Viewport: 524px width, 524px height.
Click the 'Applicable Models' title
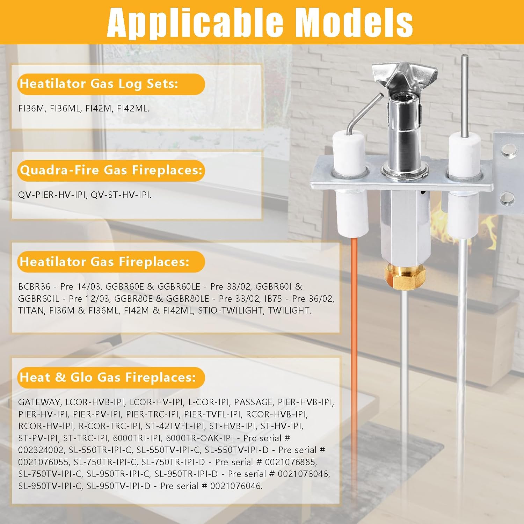click(260, 23)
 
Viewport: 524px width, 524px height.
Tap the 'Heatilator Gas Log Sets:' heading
click(99, 84)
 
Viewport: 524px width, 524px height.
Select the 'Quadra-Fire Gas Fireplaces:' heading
click(111, 170)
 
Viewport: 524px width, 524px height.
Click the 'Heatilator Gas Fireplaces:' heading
click(104, 262)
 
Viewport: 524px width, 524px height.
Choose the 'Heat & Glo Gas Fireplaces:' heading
click(108, 377)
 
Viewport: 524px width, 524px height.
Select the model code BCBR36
click(34, 287)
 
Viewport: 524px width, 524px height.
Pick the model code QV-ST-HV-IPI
click(121, 195)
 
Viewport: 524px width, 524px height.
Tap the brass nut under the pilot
click(405, 274)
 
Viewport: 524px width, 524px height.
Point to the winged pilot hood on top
click(405, 75)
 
